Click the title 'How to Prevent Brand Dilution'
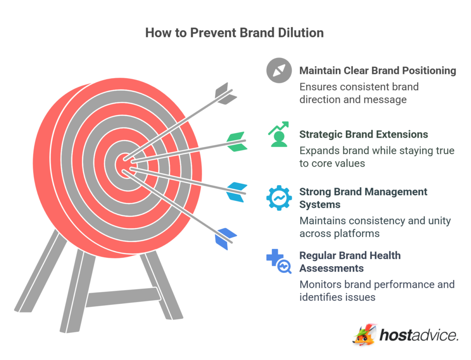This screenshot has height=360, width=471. tap(235, 33)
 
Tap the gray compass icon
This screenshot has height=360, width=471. tap(279, 71)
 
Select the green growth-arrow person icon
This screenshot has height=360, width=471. tap(278, 134)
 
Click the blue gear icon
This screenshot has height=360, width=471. tap(279, 197)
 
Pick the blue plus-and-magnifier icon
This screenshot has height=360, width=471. tap(279, 261)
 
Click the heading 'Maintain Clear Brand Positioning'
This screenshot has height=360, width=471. tap(378, 70)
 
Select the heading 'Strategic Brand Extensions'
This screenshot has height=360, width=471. tap(363, 134)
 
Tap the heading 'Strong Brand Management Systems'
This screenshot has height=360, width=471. tap(363, 197)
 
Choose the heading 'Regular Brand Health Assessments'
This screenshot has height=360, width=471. tap(350, 261)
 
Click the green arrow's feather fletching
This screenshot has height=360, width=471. tap(237, 141)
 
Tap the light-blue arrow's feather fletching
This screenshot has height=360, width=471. tap(237, 192)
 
